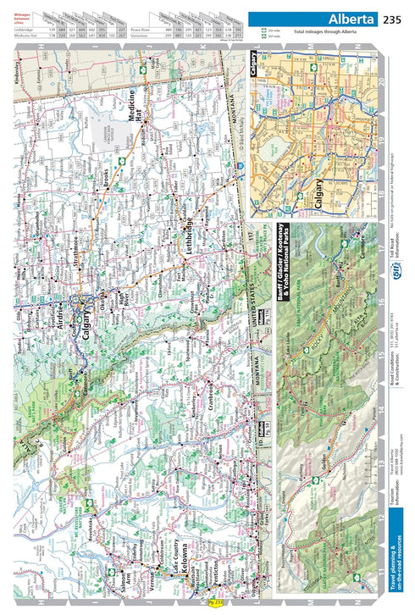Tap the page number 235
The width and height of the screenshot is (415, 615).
point(392,19)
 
